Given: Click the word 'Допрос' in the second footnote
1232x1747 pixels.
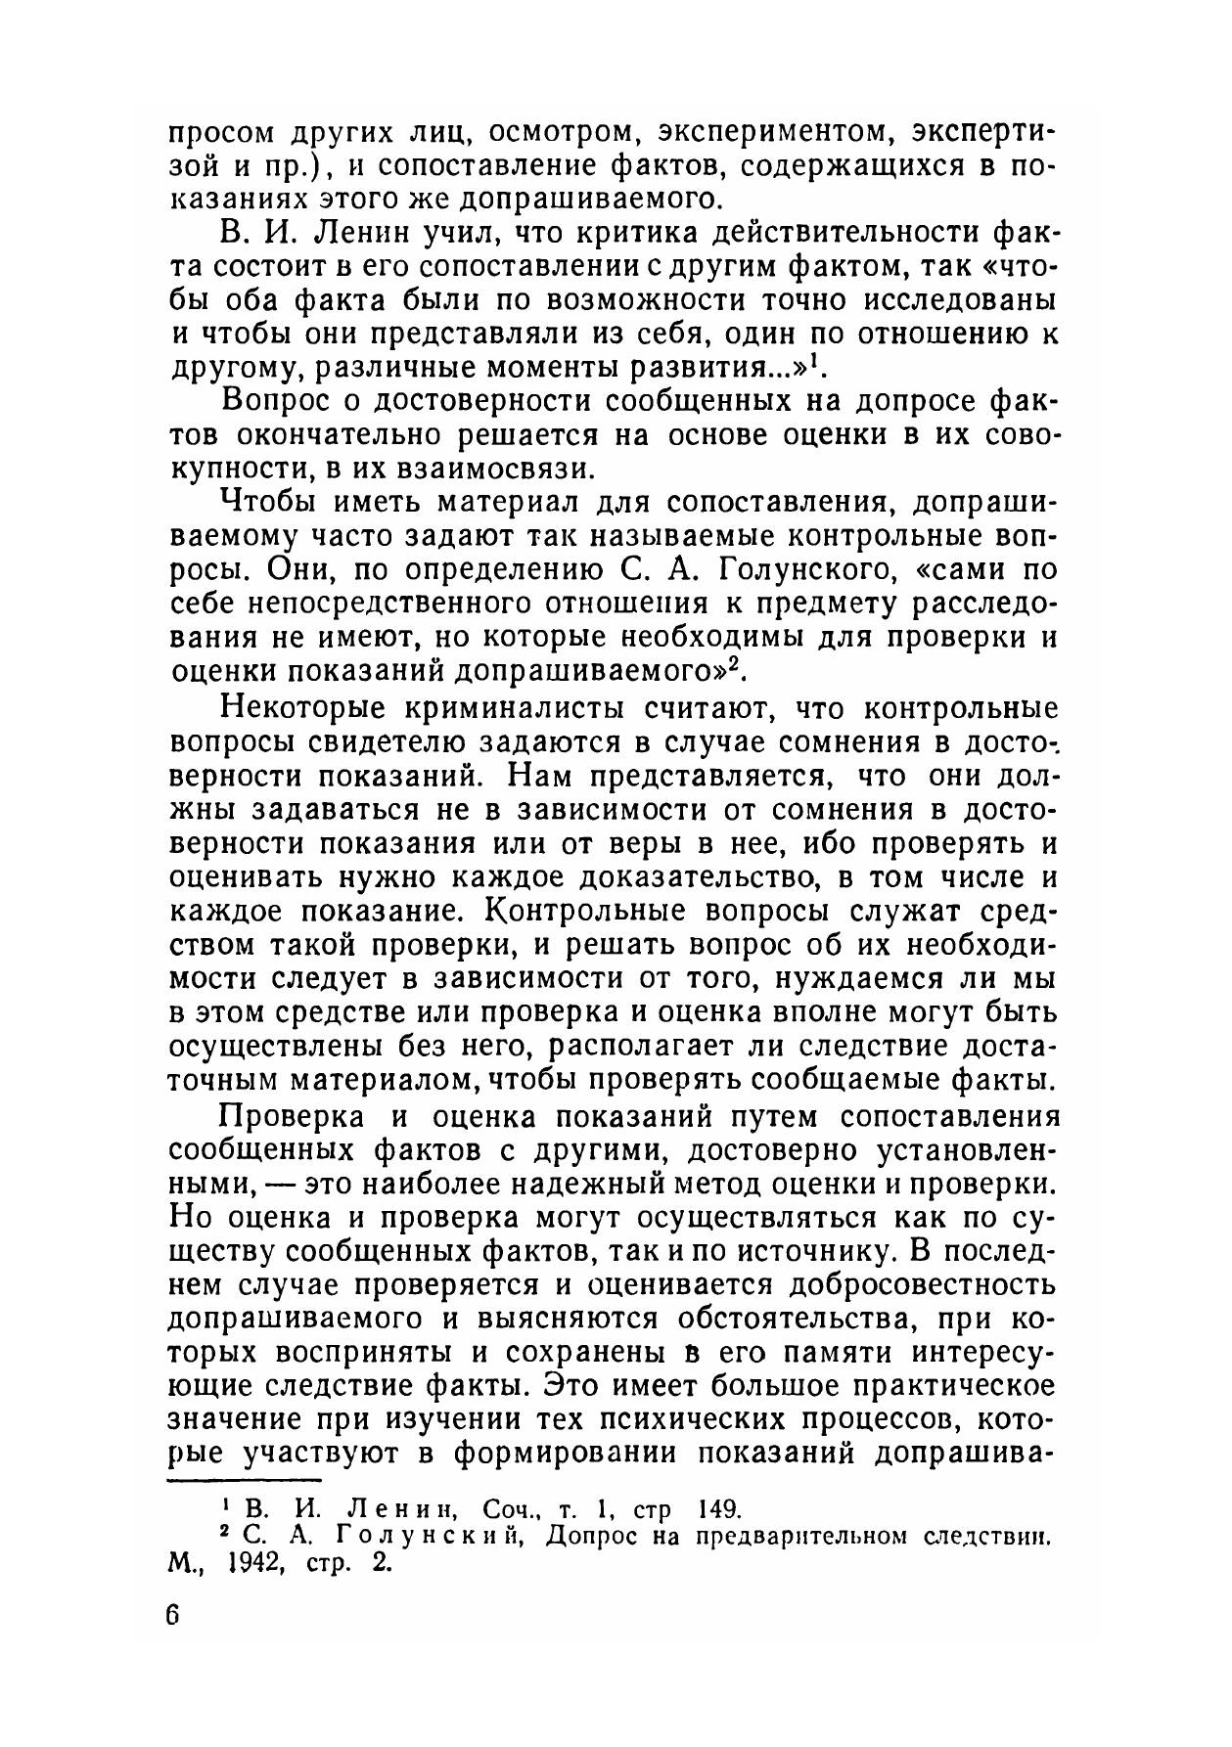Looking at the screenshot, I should pos(594,1535).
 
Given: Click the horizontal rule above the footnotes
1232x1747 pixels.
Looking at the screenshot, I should pos(246,1479).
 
